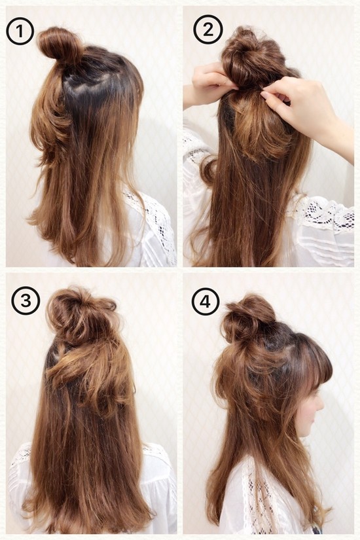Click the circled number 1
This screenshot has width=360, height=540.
tap(20, 31)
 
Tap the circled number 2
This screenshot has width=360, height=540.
tap(207, 31)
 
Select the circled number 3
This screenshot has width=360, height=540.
tap(26, 300)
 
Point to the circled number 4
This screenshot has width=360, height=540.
tap(206, 302)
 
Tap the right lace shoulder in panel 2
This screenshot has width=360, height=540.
tap(324, 214)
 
